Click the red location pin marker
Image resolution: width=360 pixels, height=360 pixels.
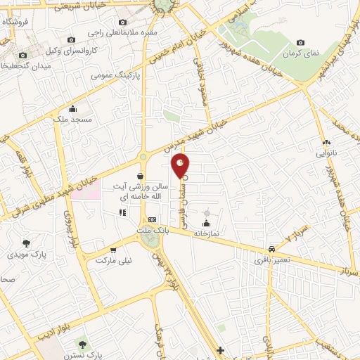click(181, 165)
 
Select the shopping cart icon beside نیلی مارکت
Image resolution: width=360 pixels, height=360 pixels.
click(112, 249)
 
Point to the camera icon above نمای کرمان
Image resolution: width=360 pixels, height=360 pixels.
click(301, 43)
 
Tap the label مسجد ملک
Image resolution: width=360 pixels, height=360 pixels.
click(72, 120)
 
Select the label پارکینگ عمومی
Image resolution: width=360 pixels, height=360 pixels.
click(116, 74)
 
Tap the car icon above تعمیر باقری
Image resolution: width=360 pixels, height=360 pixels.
click(271, 249)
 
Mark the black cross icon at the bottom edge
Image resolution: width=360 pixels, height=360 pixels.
click(220, 350)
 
